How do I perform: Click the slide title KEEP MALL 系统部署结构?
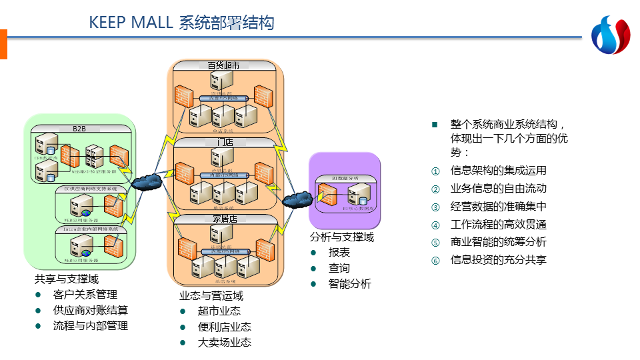click(x=181, y=23)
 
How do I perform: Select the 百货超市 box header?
click(x=224, y=65)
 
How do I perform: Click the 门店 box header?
click(x=224, y=142)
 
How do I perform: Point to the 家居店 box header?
click(x=224, y=219)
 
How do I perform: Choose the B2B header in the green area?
click(x=79, y=128)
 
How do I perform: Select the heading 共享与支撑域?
click(x=67, y=279)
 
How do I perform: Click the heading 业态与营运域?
click(x=211, y=296)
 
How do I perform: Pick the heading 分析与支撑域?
click(x=342, y=237)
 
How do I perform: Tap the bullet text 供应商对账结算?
click(x=90, y=310)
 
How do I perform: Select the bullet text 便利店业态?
click(x=225, y=327)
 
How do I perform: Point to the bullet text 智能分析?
click(x=349, y=284)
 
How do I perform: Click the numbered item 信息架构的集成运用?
click(x=498, y=170)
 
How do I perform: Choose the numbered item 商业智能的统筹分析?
click(x=498, y=242)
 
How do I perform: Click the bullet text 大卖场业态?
click(x=225, y=343)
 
